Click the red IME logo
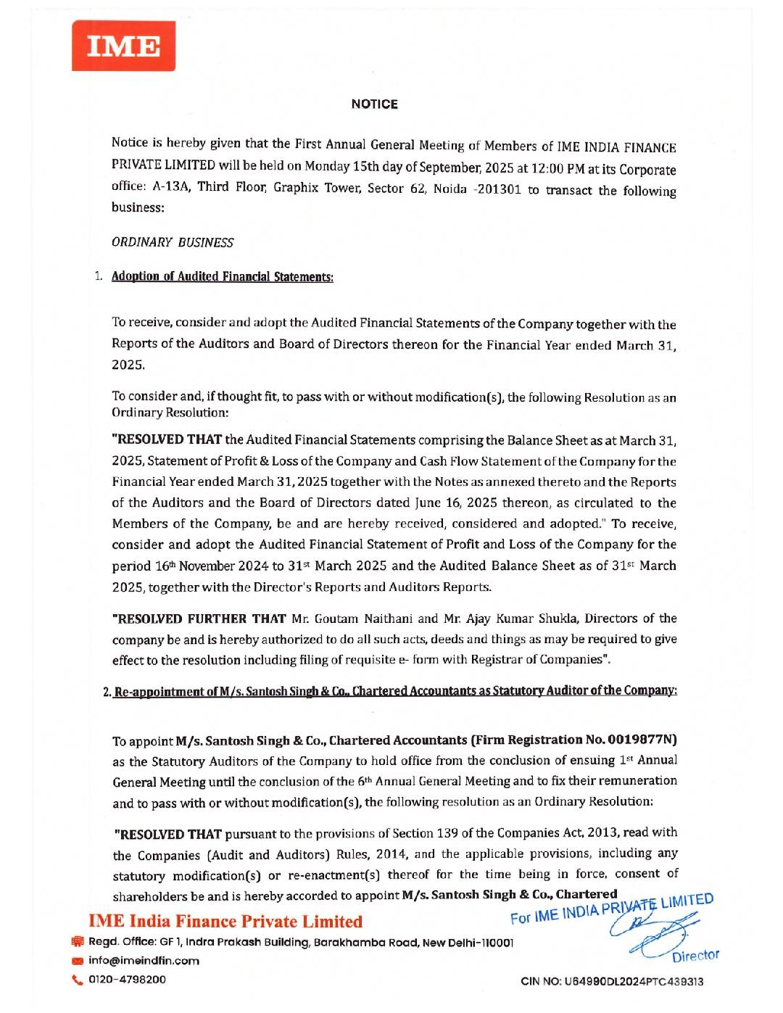(123, 46)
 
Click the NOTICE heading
(374, 104)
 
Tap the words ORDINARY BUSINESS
(173, 242)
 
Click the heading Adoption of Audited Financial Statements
(222, 277)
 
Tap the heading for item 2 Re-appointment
(395, 691)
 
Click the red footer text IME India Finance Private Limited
(225, 922)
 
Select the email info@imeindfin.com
(144, 961)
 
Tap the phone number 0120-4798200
(127, 980)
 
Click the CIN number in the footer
(612, 982)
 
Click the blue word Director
(695, 956)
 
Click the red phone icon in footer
(78, 980)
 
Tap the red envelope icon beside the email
(78, 962)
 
